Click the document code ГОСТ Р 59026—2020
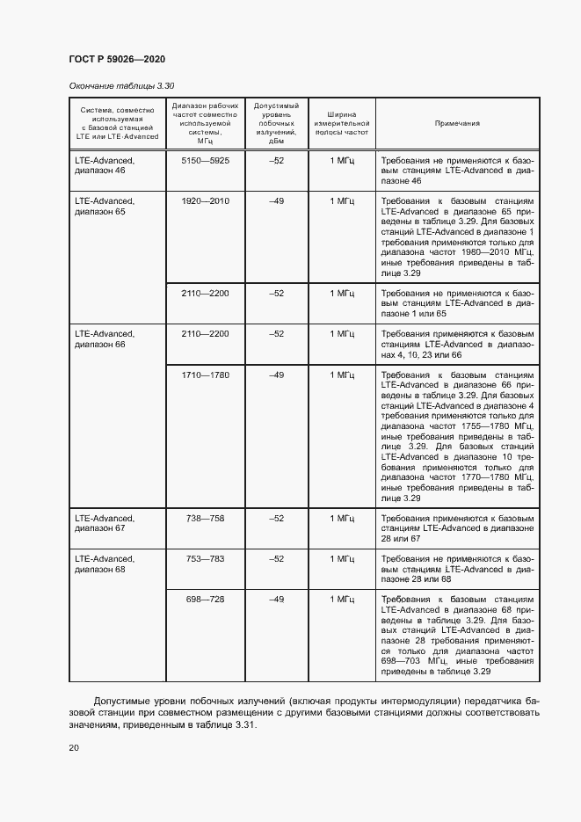coord(116,59)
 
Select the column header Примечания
coord(457,124)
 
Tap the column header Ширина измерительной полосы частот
coord(342,124)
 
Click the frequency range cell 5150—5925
coord(205,161)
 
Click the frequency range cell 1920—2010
coord(205,201)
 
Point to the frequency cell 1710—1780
coord(205,375)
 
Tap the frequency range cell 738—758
coord(205,519)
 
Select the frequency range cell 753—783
coord(205,559)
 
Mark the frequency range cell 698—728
coord(205,600)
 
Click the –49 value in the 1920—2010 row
coord(276,201)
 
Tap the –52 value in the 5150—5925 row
coord(276,161)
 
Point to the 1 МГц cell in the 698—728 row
coord(342,600)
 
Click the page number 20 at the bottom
coord(74,748)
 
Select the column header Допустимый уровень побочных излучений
coord(276,124)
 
